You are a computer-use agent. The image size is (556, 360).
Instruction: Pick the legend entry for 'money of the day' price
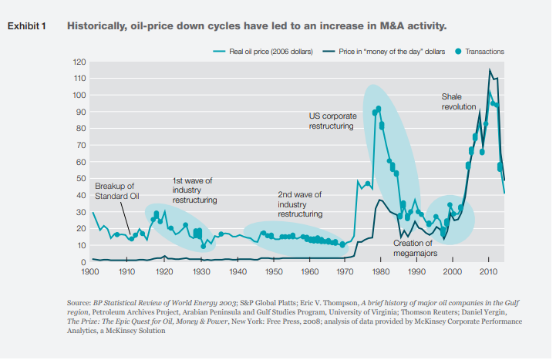pyautogui.click(x=386, y=52)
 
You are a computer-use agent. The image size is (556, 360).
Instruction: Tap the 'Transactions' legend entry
pyautogui.click(x=482, y=52)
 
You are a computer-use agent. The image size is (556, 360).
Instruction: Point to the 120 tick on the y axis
pyautogui.click(x=79, y=62)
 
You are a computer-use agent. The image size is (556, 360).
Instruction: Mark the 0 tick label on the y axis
pyautogui.click(x=83, y=262)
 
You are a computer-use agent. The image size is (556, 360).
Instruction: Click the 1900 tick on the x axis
pyautogui.click(x=91, y=272)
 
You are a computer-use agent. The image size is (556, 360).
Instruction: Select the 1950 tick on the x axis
pyautogui.click(x=274, y=272)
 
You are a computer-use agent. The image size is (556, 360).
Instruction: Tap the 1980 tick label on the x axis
pyautogui.click(x=379, y=272)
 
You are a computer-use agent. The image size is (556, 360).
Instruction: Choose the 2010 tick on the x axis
pyautogui.click(x=487, y=272)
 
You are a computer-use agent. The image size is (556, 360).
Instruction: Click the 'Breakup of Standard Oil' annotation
pyautogui.click(x=116, y=190)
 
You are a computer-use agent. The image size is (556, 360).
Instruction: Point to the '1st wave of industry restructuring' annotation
pyautogui.click(x=194, y=190)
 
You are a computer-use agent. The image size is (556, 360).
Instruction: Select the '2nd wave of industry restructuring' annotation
pyautogui.click(x=299, y=204)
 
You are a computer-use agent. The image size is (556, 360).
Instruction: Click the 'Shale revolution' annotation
pyautogui.click(x=459, y=102)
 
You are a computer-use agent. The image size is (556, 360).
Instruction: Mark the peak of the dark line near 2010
pyautogui.click(x=490, y=70)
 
